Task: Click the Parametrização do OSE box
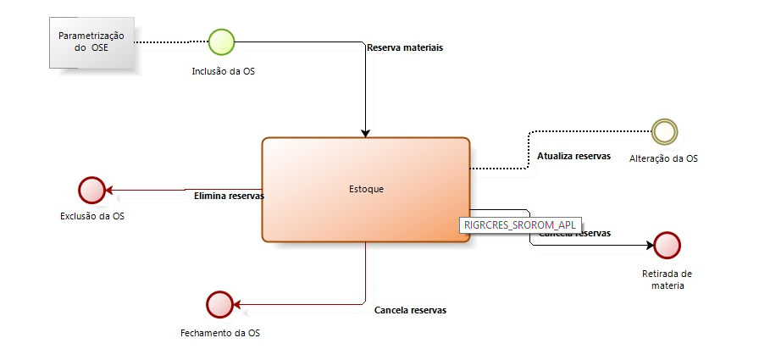coord(91,42)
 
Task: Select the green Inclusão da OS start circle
coord(222,42)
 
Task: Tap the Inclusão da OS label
coord(224,71)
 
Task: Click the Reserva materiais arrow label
coord(405,47)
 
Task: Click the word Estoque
coord(366,189)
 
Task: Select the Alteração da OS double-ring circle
coord(665,130)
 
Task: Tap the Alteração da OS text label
coord(664,159)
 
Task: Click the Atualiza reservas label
coord(573,156)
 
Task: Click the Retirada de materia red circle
coord(668,245)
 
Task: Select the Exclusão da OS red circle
coord(91,190)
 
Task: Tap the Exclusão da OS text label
coord(92,217)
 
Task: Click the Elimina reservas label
coord(229,196)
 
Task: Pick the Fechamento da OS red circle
coord(219,303)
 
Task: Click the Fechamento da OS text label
coord(220,333)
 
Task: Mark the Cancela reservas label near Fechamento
coord(410,310)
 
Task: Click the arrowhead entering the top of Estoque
coord(365,133)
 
